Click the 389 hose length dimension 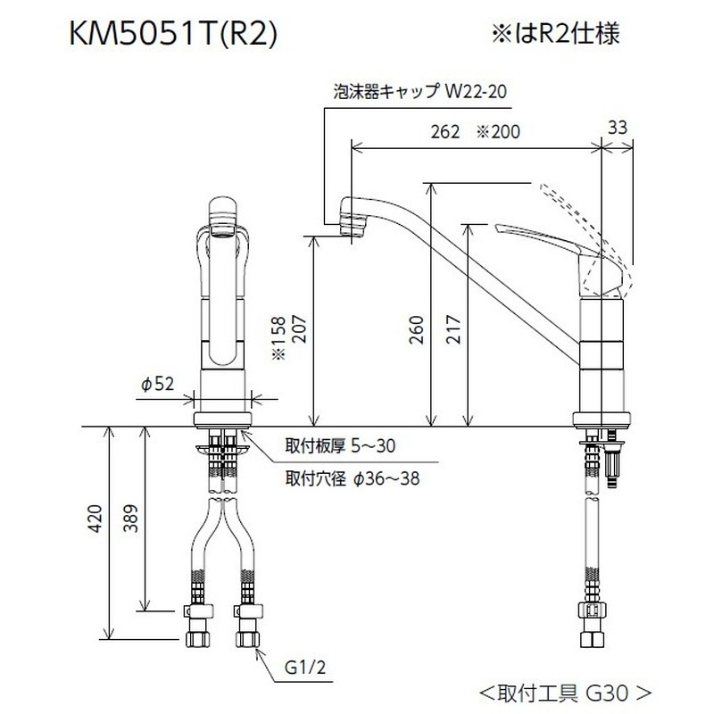(130, 533)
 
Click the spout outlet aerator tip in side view (353, 227)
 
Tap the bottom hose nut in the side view (593, 639)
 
